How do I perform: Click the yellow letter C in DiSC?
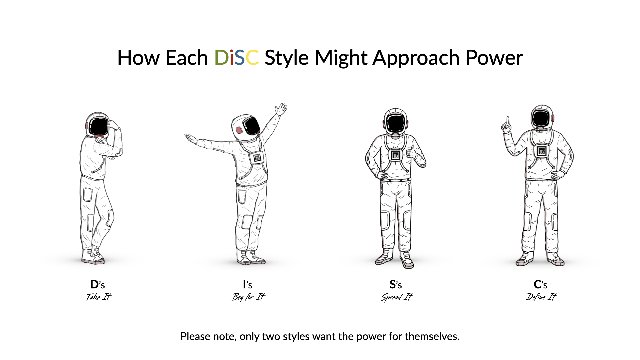point(252,58)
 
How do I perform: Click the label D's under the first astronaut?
point(97,285)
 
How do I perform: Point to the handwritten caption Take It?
point(99,297)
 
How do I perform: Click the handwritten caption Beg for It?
point(248,297)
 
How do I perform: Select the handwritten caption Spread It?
point(397,297)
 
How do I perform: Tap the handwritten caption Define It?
point(541,296)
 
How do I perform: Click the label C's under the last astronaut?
point(540,285)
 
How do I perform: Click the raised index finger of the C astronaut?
point(508,121)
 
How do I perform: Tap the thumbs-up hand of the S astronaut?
point(412,152)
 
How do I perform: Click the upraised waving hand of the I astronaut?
point(281,109)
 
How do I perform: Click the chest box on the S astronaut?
point(396,155)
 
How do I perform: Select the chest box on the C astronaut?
point(542,151)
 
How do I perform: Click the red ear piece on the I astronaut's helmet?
point(239,130)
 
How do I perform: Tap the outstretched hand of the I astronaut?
point(191,138)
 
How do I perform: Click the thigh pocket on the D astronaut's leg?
point(88,195)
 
